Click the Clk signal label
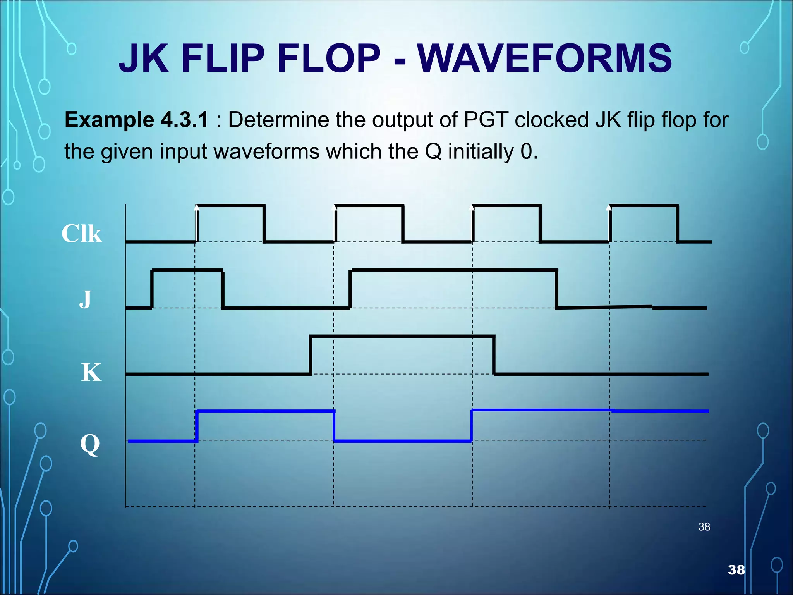pyautogui.click(x=81, y=234)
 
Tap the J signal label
pyautogui.click(x=85, y=299)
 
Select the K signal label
pyautogui.click(x=91, y=372)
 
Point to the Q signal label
pyautogui.click(x=90, y=444)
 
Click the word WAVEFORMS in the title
pyautogui.click(x=544, y=58)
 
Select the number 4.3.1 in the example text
pyautogui.click(x=185, y=120)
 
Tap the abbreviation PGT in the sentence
pyautogui.click(x=486, y=120)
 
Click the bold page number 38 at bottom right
pyautogui.click(x=736, y=569)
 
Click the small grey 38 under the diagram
pyautogui.click(x=704, y=527)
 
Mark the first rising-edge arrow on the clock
pyautogui.click(x=197, y=208)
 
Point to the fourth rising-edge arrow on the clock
pyautogui.click(x=609, y=208)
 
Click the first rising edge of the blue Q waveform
pyautogui.click(x=197, y=426)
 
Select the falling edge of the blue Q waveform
pyautogui.click(x=334, y=426)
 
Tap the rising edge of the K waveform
pyautogui.click(x=311, y=355)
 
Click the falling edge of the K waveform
pyautogui.click(x=494, y=355)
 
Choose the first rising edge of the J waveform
pyautogui.click(x=152, y=289)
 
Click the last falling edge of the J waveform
pyautogui.click(x=557, y=289)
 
